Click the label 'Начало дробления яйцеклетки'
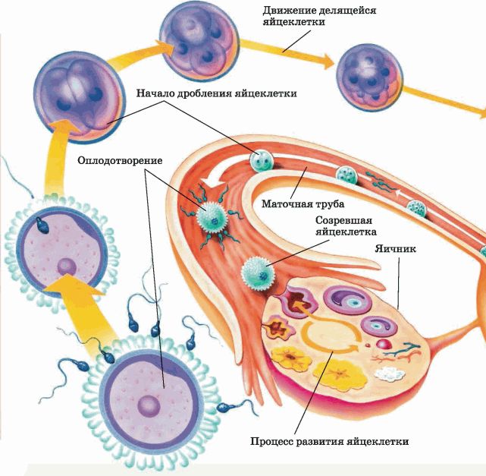pos(216,93)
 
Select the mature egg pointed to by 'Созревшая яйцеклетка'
pos(256,272)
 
